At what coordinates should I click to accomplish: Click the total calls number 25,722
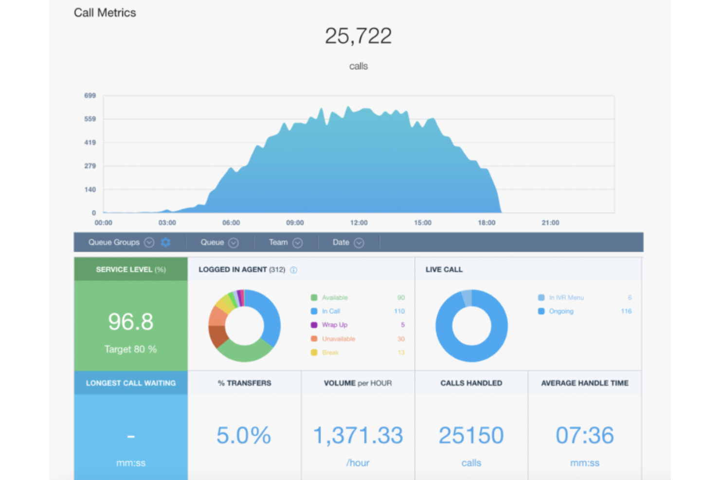point(358,36)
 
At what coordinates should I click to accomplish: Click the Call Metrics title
point(105,13)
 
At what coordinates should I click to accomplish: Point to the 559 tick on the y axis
point(90,119)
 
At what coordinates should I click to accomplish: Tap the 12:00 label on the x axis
point(359,223)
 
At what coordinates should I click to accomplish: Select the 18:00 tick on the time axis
point(486,223)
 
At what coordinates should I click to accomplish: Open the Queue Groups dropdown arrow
point(149,242)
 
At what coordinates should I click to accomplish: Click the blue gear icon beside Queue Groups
point(165,242)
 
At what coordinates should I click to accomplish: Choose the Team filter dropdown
point(297,243)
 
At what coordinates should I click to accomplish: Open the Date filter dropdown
point(359,243)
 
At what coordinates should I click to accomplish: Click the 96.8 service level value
point(130,322)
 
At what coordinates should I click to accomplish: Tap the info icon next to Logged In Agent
point(294,270)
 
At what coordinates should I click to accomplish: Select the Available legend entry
point(334,298)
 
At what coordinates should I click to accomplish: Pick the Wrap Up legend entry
point(334,325)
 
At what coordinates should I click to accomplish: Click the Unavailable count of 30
point(401,339)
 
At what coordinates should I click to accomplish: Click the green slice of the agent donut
point(245,352)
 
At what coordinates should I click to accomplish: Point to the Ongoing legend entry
point(561,311)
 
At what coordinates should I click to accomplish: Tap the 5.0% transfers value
point(244,435)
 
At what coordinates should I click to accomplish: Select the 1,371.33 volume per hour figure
point(358,435)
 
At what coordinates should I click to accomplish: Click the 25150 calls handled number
point(471,435)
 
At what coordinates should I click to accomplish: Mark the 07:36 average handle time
point(585,435)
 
